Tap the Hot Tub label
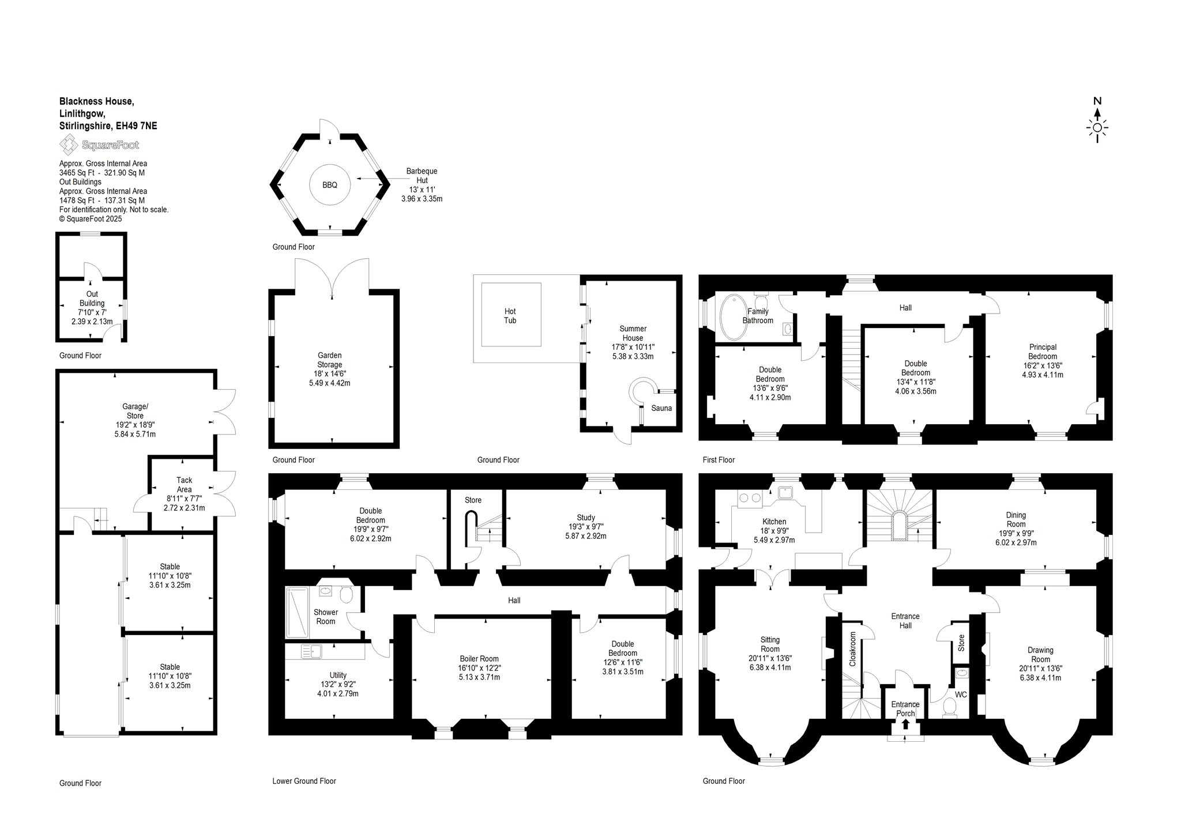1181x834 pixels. tap(510, 316)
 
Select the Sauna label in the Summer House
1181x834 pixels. tap(661, 408)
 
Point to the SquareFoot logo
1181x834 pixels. tap(100, 145)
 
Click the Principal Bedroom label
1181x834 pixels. tap(1043, 352)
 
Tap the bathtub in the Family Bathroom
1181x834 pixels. tap(732, 318)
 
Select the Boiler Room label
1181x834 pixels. tap(479, 659)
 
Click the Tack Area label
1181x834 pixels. tap(185, 485)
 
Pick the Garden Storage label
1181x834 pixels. tap(330, 360)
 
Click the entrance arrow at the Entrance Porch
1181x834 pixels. tap(905, 724)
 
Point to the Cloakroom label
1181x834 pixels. tap(853, 649)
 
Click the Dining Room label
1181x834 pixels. tap(1016, 519)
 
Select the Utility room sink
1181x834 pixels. tap(311, 651)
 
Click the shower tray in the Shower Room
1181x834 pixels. tap(297, 612)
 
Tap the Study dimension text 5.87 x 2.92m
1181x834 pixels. tap(585, 536)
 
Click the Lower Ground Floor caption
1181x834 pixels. tap(304, 781)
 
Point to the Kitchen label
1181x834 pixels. tap(774, 522)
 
